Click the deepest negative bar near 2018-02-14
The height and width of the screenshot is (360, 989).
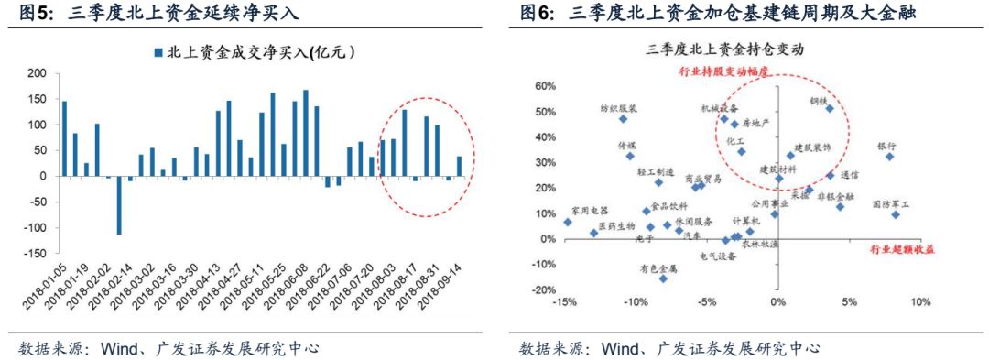tap(119, 204)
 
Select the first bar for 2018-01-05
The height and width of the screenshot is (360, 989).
tap(64, 138)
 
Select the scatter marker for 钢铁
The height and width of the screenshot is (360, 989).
tap(830, 108)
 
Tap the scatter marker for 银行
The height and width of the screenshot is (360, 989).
tap(888, 157)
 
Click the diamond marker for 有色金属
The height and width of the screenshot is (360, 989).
tap(663, 278)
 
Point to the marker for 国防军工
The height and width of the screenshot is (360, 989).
tap(895, 214)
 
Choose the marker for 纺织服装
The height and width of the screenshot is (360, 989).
tap(624, 118)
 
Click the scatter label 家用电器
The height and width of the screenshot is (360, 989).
tap(588, 210)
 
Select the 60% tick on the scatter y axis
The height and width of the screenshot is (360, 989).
tap(544, 86)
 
